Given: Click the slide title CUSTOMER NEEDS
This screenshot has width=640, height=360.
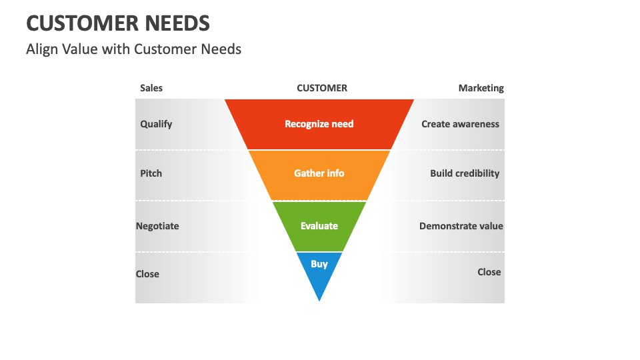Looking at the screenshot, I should point(118,23).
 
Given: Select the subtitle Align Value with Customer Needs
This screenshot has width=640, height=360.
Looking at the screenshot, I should point(133,49).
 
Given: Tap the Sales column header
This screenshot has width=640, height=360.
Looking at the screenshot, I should point(151,88).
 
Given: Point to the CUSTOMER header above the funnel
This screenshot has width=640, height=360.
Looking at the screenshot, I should point(321,88).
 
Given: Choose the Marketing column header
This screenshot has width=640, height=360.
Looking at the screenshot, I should point(481,88).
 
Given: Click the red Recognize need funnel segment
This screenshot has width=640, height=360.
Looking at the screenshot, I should point(319,124).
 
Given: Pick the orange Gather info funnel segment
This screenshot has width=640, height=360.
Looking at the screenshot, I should point(319,173).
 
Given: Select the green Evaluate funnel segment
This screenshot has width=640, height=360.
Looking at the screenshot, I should point(319,226).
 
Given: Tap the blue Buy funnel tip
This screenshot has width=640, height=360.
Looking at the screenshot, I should point(319,267).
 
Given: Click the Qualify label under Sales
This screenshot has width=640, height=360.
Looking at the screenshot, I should point(156,124).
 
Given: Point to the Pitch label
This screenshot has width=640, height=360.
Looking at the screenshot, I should point(151,173).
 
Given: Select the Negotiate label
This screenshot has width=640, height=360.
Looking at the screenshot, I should point(157,226).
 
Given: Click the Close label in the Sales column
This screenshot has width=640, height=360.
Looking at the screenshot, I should point(147,274).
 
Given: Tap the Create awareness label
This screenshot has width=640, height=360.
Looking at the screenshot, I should point(460,124).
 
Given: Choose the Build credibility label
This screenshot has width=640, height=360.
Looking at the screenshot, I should point(464,173).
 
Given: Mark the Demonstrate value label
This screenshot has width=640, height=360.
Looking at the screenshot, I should point(461,226).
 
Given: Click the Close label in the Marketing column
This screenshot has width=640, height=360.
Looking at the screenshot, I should point(489,272).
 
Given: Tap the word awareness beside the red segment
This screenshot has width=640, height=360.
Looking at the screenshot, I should point(475,124).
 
